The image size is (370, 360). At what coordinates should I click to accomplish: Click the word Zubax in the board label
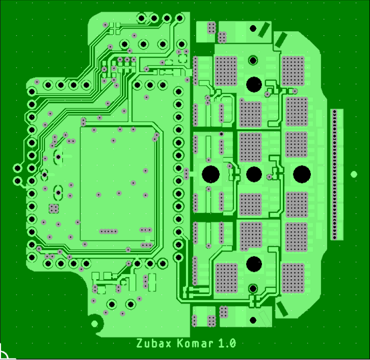pos(153,343)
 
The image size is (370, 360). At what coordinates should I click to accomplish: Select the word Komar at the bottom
pos(195,343)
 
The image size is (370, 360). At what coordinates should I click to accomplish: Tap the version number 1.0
pos(227,343)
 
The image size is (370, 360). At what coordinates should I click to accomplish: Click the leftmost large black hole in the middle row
pos(210,174)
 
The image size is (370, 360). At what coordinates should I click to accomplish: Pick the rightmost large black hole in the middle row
pos(302,174)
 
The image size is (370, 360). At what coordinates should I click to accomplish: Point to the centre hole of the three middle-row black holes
pos(254,174)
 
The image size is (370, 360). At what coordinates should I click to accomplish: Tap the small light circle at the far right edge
pos(354,174)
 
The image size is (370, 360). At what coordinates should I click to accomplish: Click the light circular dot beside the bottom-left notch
pos(94,324)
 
